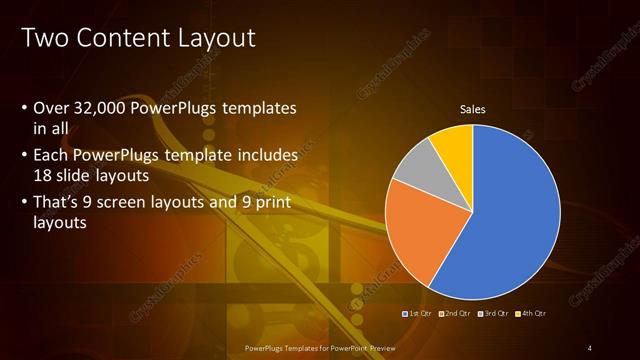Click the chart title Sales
coord(472,110)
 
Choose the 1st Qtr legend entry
coord(416,314)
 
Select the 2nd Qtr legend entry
coord(455,314)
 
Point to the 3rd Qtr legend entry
coord(493,314)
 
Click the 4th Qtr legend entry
coord(530,314)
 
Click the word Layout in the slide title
coord(216,39)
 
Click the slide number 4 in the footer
coord(590,347)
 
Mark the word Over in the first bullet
coord(52,108)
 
